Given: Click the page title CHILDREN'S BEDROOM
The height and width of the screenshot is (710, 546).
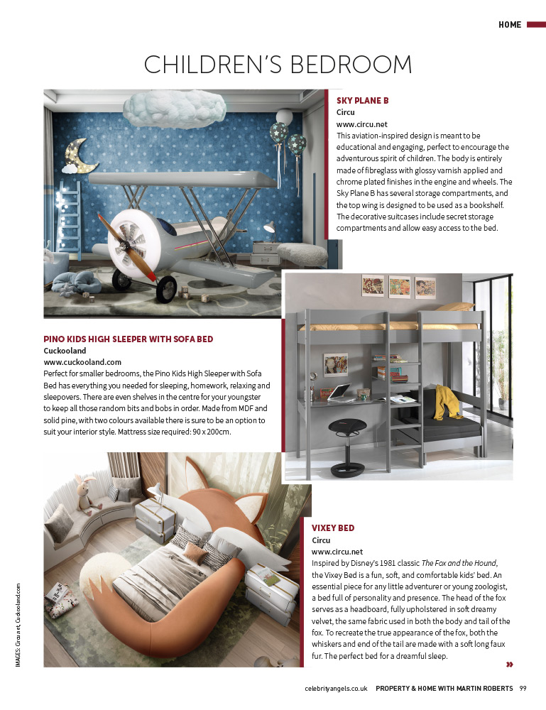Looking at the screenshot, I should (x=278, y=65).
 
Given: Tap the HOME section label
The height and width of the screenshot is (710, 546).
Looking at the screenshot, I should (x=510, y=25).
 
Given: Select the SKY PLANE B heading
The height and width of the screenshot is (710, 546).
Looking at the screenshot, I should (x=362, y=101).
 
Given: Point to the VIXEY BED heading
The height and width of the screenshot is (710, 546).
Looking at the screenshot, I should (x=333, y=528).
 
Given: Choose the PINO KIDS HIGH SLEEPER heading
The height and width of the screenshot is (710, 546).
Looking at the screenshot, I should (x=129, y=339).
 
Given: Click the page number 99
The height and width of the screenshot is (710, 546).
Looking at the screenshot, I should (x=523, y=687).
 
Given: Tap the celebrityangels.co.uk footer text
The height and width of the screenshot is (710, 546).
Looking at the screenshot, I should (x=336, y=687).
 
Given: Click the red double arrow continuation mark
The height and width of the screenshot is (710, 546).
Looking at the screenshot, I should (x=509, y=665).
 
